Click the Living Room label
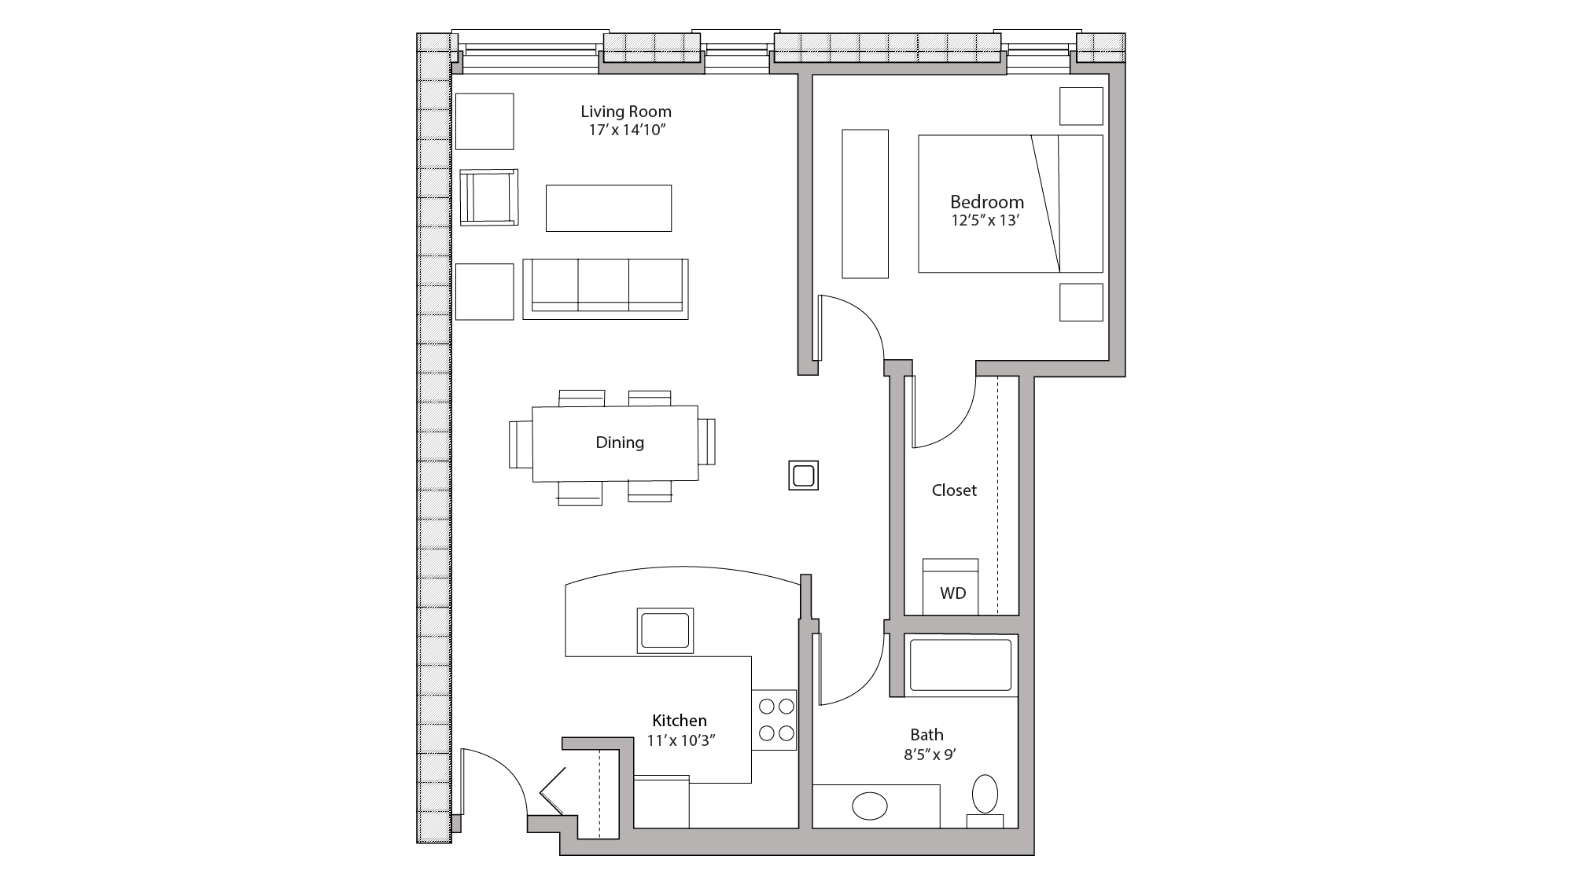pyautogui.click(x=626, y=112)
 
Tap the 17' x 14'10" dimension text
pyautogui.click(x=626, y=130)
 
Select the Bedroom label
pyautogui.click(x=986, y=202)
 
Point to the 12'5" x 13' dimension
pyautogui.click(x=985, y=221)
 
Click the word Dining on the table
pyautogui.click(x=620, y=442)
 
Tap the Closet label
pyautogui.click(x=954, y=490)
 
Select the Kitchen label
pyautogui.click(x=680, y=721)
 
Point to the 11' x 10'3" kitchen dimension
pyautogui.click(x=681, y=740)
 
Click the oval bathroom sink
pyautogui.click(x=870, y=806)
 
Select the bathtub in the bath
pyautogui.click(x=960, y=666)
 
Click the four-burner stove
pyautogui.click(x=775, y=720)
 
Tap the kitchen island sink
pyautogui.click(x=665, y=630)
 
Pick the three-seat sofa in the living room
pyautogui.click(x=605, y=288)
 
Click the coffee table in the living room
pyautogui.click(x=609, y=208)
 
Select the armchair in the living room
pyautogui.click(x=488, y=197)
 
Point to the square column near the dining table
pyautogui.click(x=803, y=476)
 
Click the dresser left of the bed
pyautogui.click(x=865, y=204)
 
